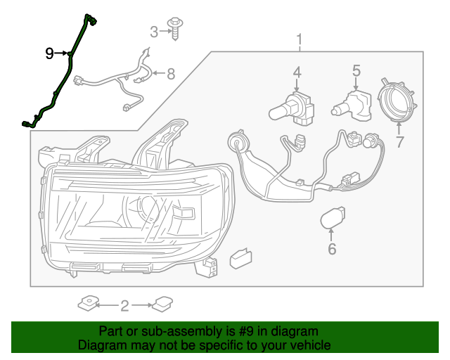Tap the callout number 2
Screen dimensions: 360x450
(x=124, y=305)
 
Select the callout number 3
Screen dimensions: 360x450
(x=154, y=31)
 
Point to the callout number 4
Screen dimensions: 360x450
(x=297, y=72)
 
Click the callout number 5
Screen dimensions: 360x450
(x=356, y=70)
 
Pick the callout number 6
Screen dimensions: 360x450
(x=332, y=249)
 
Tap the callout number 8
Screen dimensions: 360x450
(x=170, y=73)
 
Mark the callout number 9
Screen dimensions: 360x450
(x=49, y=53)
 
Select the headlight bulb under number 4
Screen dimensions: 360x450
(x=292, y=106)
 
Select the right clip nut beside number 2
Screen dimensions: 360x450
(x=163, y=304)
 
